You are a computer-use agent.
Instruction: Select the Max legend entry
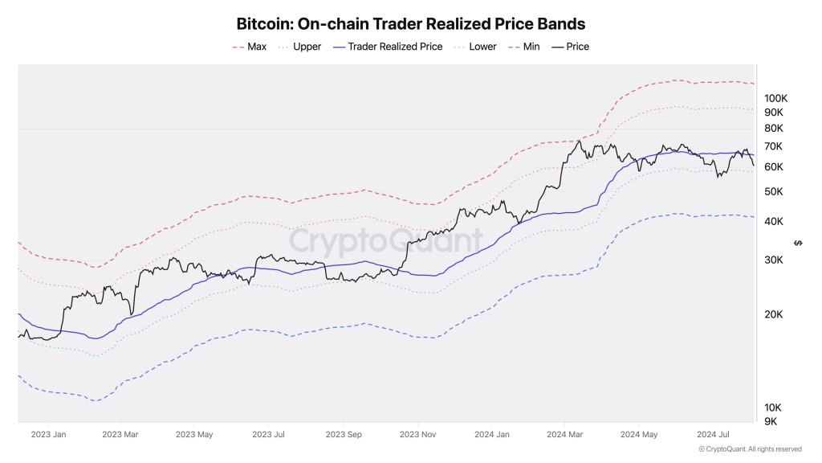[x=256, y=47]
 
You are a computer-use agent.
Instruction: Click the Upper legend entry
[x=307, y=47]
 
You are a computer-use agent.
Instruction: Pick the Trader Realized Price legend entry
[x=394, y=47]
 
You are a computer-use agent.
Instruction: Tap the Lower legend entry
[x=482, y=47]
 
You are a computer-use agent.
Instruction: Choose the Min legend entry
[x=531, y=47]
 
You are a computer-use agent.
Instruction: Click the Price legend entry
[x=577, y=47]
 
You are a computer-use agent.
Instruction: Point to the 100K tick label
[x=775, y=98]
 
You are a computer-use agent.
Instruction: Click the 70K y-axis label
[x=774, y=146]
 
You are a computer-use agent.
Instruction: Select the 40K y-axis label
[x=774, y=221]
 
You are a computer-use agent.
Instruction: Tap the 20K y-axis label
[x=774, y=314]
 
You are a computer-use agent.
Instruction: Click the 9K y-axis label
[x=771, y=421]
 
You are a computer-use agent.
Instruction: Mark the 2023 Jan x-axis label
[x=49, y=435]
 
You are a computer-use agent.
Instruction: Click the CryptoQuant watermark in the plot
[x=385, y=240]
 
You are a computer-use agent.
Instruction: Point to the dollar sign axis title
[x=796, y=243]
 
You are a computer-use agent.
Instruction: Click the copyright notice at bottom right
[x=749, y=449]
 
